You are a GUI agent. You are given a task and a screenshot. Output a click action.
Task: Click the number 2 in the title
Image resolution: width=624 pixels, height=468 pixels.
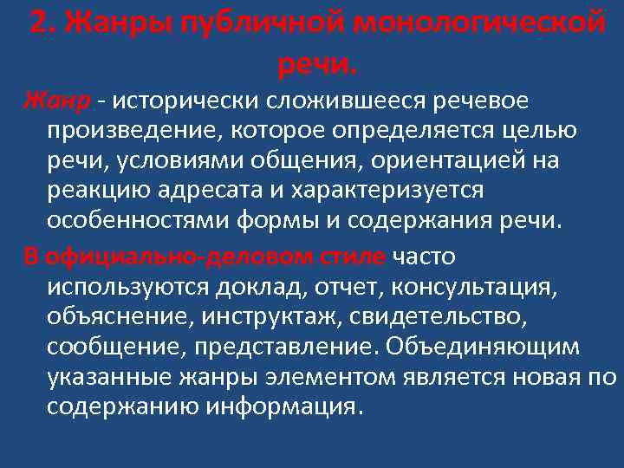pyautogui.click(x=38, y=23)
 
